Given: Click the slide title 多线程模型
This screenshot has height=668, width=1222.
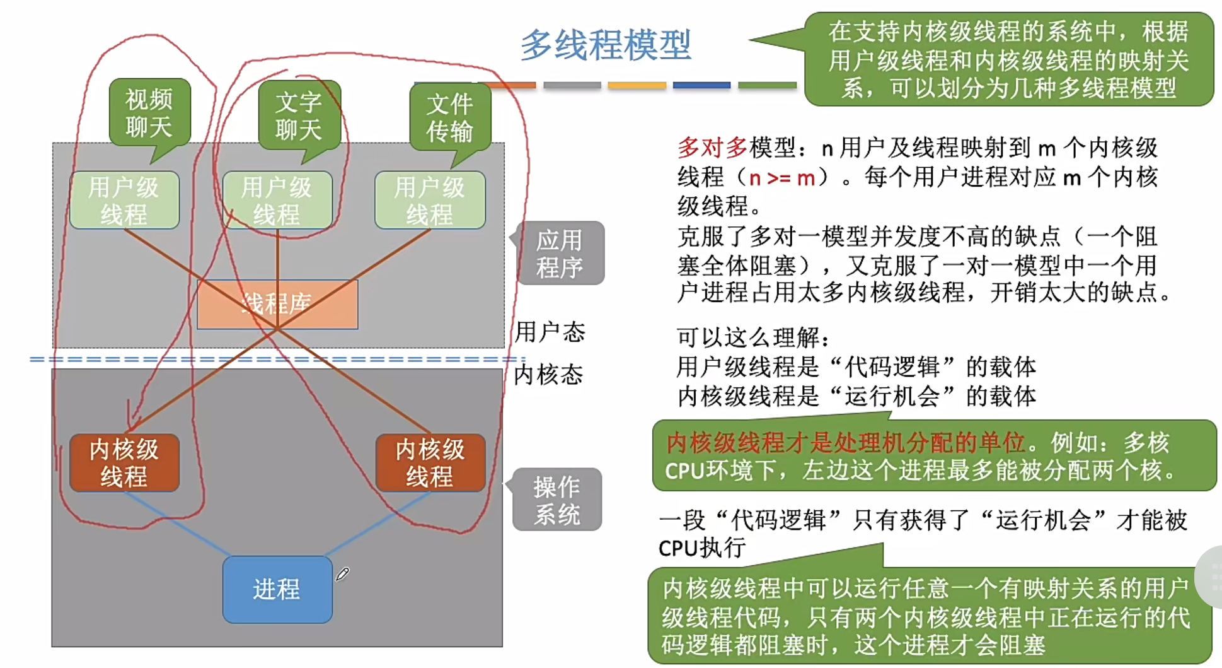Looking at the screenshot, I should click(605, 45).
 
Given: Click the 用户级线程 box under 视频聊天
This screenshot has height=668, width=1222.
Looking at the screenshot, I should click(124, 200).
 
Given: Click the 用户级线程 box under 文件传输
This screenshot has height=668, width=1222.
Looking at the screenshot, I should click(430, 200).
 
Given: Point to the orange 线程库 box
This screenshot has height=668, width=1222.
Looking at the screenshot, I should click(277, 305).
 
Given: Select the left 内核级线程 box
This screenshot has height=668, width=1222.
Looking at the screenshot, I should click(124, 463).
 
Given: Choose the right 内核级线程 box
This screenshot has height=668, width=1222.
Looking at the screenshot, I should click(430, 463).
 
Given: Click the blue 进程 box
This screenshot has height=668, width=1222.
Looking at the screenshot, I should click(277, 589).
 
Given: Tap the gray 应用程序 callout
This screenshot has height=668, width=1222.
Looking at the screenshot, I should click(560, 254).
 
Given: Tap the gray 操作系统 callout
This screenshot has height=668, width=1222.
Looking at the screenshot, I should click(557, 500).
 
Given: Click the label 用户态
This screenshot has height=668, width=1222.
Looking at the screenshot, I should click(550, 332).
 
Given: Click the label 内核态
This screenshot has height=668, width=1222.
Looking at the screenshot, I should click(548, 375).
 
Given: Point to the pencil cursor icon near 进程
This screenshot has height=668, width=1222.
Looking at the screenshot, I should click(342, 574).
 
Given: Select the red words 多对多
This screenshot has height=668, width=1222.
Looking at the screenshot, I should click(712, 148).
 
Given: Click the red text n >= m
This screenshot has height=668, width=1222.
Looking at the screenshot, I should click(782, 178).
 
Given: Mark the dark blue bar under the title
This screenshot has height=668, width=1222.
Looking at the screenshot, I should click(701, 85).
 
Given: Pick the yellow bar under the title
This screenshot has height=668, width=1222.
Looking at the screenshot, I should click(637, 85).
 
